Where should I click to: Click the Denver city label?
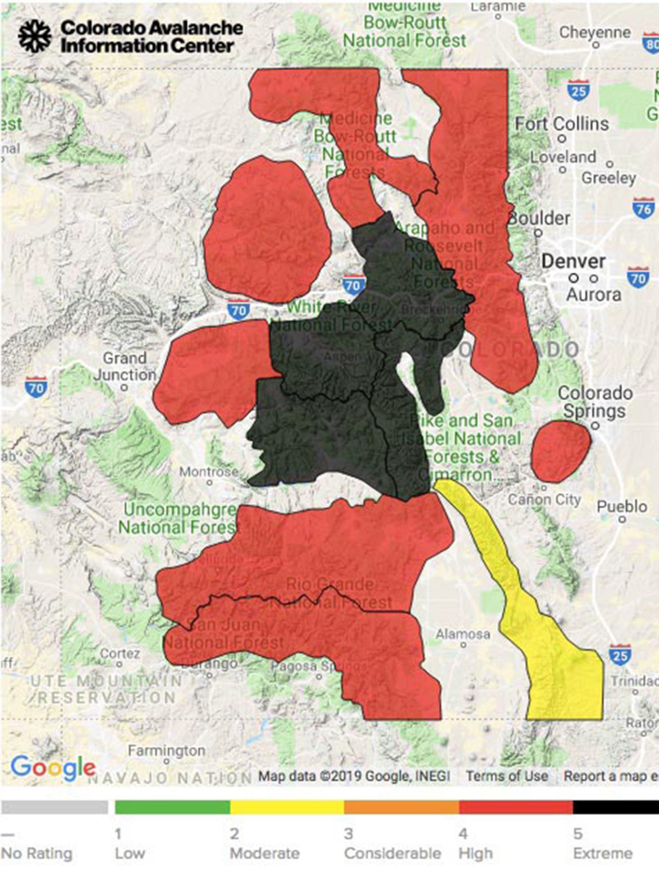(573, 261)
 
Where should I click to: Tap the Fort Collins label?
(562, 123)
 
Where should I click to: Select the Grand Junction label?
(124, 366)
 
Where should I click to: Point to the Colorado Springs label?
(595, 401)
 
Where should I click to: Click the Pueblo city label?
(622, 506)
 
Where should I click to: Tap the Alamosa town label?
(463, 634)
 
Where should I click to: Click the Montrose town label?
(209, 472)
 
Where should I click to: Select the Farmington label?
(166, 750)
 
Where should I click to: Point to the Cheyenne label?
(595, 32)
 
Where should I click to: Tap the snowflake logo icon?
(34, 37)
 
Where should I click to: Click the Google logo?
(53, 767)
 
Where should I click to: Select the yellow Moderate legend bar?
(287, 807)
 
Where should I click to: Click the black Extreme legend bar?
(616, 807)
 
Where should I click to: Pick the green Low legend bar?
(172, 807)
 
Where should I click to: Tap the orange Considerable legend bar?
(401, 807)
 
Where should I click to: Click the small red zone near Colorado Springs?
(560, 451)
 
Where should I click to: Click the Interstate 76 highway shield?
(644, 209)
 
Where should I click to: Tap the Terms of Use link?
(506, 776)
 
